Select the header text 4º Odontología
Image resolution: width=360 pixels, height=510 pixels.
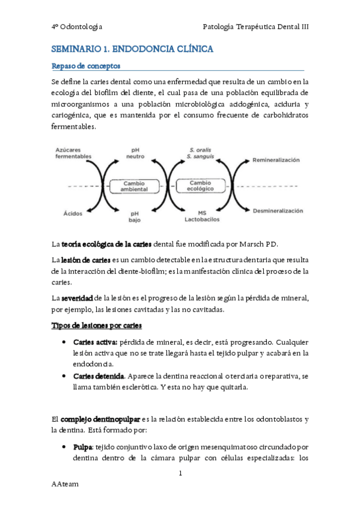click(x=78, y=27)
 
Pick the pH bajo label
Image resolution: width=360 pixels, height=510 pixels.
click(x=136, y=216)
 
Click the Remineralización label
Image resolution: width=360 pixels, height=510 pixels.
click(x=276, y=161)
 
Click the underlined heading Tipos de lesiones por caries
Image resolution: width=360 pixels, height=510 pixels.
click(x=97, y=325)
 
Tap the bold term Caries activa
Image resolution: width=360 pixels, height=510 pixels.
click(x=94, y=341)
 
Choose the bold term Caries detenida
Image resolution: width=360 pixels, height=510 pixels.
click(x=99, y=376)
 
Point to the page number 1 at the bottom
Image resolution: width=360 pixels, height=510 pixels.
click(x=180, y=474)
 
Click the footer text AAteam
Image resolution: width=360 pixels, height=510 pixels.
click(x=65, y=484)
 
